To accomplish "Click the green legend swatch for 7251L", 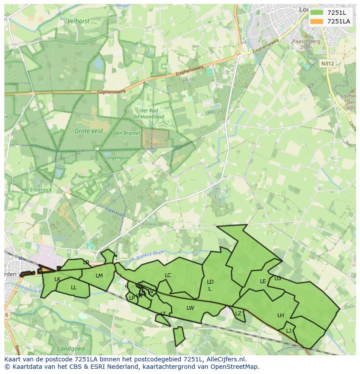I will tap(317, 13).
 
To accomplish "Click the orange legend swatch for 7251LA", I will tap(317, 21).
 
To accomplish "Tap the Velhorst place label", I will tap(78, 20).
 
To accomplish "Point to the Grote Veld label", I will tap(88, 131).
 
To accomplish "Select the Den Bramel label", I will tap(127, 133).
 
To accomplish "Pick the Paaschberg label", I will tap(306, 42).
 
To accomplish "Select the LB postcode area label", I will tap(86, 262).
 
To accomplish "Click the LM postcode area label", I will tap(99, 276).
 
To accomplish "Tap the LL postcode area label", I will tap(73, 288).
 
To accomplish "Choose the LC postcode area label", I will tap(168, 275).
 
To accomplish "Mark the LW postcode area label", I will tap(190, 308).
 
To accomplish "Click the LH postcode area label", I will tap(280, 315).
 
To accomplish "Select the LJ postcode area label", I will tap(289, 331).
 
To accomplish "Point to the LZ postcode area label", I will tap(238, 314).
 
